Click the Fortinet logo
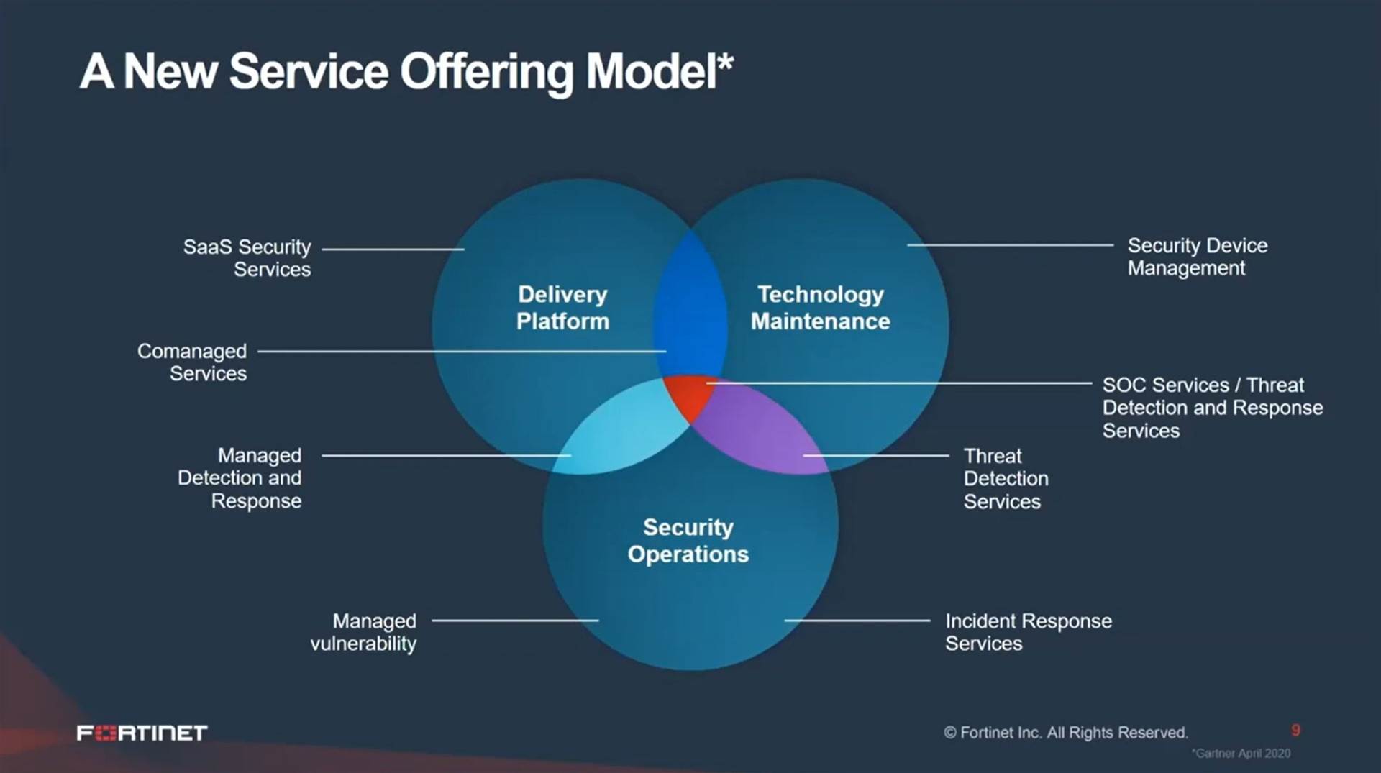142,733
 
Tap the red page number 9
1295,731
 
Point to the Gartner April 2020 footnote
1241,754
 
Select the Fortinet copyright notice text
1065,733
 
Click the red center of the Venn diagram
688,395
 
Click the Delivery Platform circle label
562,308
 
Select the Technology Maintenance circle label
820,308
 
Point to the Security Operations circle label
688,541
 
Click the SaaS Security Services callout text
247,257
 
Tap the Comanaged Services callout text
192,362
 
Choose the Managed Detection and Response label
240,478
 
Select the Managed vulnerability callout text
363,632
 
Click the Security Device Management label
1197,257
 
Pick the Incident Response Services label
1028,632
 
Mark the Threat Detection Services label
1005,478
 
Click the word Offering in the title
487,72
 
